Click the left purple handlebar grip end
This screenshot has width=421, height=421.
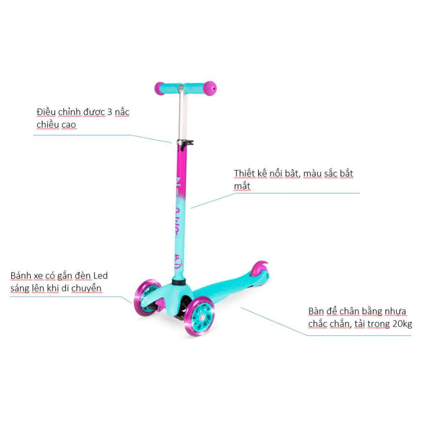pyautogui.click(x=160, y=88)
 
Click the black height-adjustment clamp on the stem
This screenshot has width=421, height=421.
pyautogui.click(x=185, y=145)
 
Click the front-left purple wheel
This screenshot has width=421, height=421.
pyautogui.click(x=147, y=297)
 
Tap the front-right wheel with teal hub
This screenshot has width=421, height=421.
pyautogui.click(x=199, y=316)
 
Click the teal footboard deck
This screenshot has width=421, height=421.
pyautogui.click(x=228, y=285)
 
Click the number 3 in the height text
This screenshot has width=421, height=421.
pyautogui.click(x=109, y=112)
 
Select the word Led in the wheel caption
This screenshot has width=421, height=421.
pyautogui.click(x=101, y=276)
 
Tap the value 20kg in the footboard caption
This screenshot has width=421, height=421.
pyautogui.click(x=402, y=324)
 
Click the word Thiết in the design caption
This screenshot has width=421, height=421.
pyautogui.click(x=244, y=174)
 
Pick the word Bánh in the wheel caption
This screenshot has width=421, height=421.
pyautogui.click(x=21, y=276)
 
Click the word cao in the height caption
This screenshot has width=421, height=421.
pyautogui.click(x=69, y=125)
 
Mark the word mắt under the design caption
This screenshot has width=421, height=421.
pyautogui.click(x=242, y=186)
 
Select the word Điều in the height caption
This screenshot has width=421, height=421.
pyautogui.click(x=46, y=112)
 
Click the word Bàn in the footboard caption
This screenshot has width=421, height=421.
pyautogui.click(x=316, y=312)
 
